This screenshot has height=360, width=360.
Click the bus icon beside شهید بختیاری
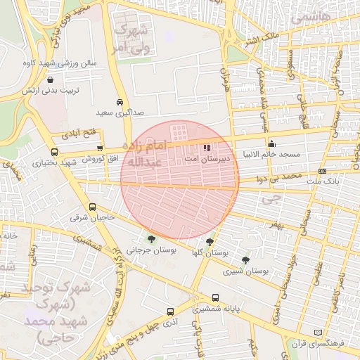(55, 151)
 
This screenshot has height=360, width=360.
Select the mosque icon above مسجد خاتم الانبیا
(272, 144)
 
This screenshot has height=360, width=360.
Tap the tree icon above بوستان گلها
(210, 241)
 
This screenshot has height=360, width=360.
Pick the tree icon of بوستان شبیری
(245, 260)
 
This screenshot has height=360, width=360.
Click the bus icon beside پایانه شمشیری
(215, 297)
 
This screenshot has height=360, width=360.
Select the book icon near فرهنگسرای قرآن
(317, 332)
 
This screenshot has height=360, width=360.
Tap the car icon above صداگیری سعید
(121, 101)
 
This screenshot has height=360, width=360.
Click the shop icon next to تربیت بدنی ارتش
(49, 80)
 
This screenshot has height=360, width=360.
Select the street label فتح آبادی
(78, 133)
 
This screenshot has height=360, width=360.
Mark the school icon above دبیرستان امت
(207, 148)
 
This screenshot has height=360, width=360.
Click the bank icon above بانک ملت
(322, 171)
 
